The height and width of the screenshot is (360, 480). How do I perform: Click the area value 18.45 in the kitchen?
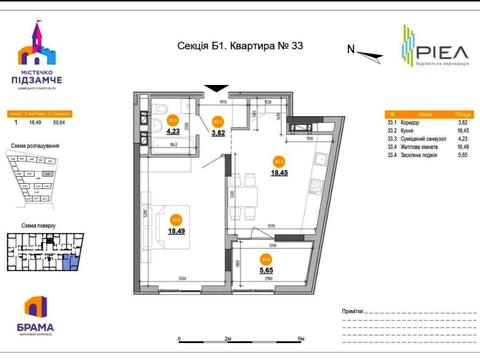(280, 172)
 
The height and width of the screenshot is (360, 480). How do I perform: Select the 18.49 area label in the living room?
(176, 230)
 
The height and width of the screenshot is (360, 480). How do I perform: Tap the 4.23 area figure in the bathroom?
(172, 130)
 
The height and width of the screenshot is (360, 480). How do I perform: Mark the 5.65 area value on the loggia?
(267, 269)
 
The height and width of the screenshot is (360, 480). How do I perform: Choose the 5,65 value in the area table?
(462, 155)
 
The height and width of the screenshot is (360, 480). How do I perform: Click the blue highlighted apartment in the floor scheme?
(66, 262)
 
